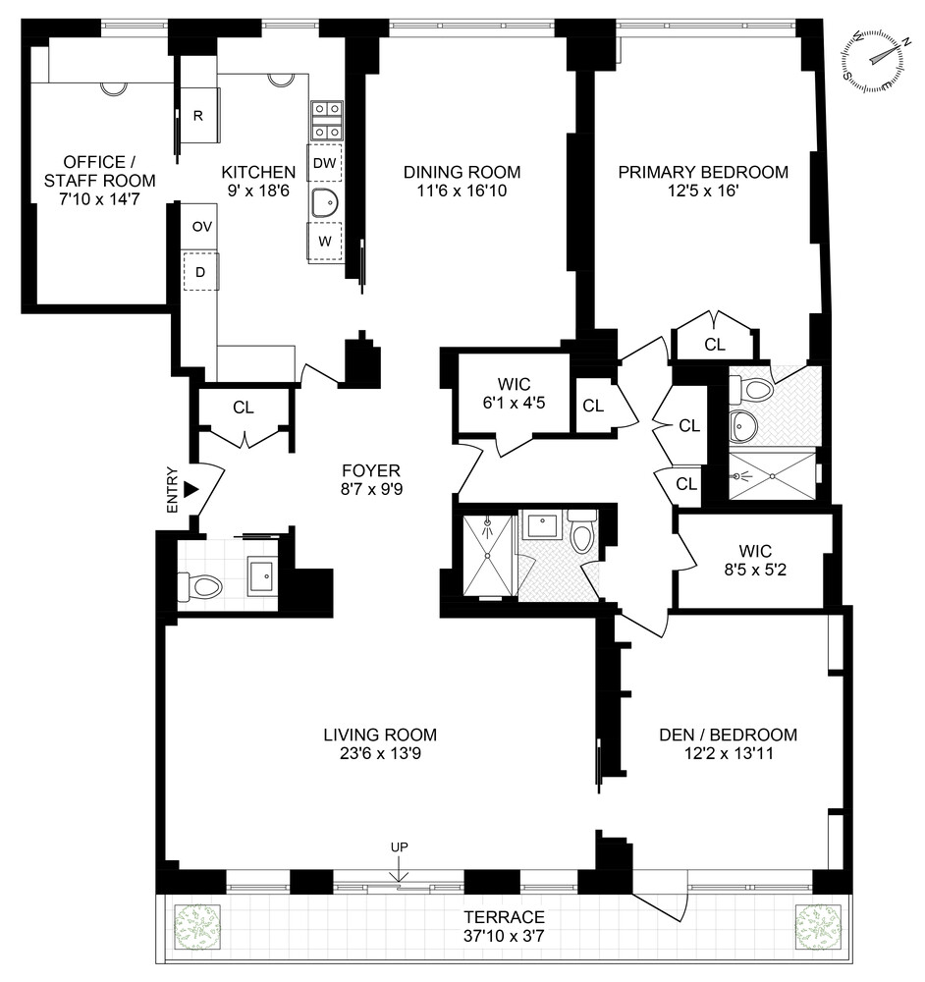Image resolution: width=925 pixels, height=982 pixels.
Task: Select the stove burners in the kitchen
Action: (x=326, y=120)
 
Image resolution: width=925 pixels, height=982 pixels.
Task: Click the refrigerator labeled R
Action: (x=198, y=116)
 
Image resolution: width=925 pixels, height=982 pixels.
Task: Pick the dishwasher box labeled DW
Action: (x=325, y=162)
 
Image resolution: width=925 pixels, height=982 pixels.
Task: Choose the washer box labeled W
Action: (x=325, y=241)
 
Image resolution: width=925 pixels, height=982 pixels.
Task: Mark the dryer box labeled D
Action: (x=200, y=272)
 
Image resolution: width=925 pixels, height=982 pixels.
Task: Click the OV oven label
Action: (x=201, y=227)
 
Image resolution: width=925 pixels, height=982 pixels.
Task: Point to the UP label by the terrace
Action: (x=399, y=846)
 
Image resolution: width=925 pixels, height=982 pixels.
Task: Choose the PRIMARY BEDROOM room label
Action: (x=703, y=173)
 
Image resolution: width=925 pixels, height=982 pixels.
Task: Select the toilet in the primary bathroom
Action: (x=755, y=390)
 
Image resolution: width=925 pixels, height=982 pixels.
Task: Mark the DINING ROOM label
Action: (x=462, y=173)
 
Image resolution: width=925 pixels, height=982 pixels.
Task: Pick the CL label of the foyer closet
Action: (x=245, y=407)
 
